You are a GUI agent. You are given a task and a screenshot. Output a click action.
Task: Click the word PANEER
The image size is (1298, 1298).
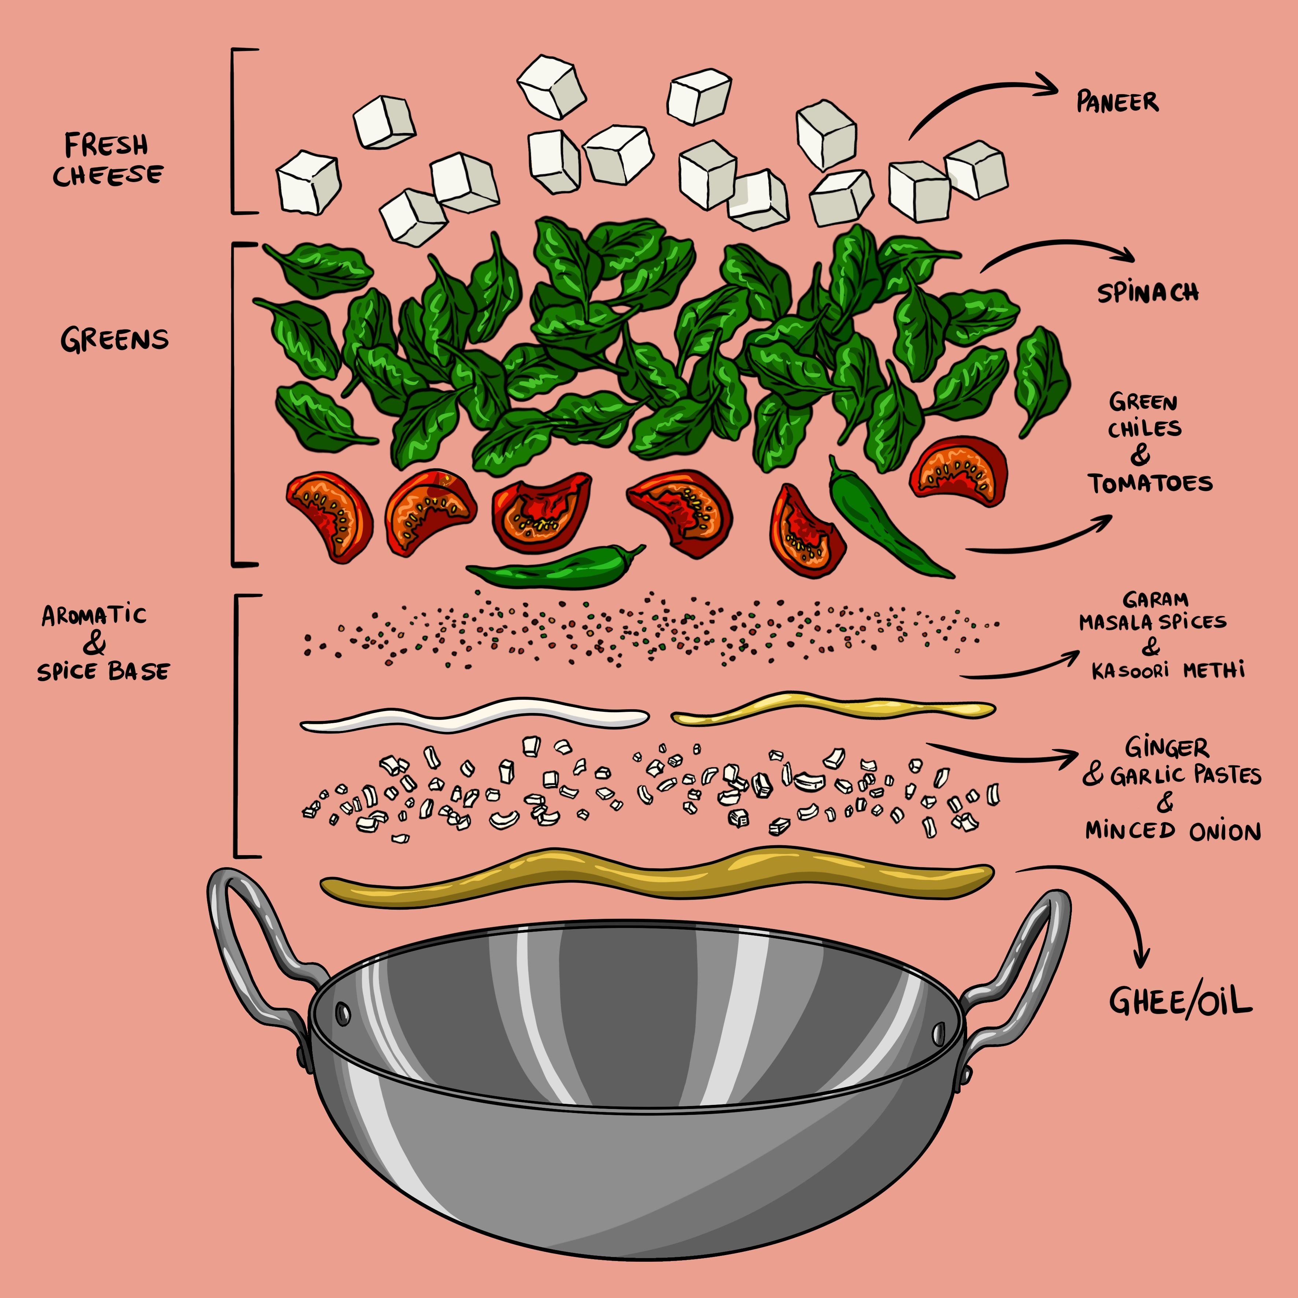click(x=1117, y=102)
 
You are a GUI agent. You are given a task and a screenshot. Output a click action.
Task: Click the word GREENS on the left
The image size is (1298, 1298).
click(x=114, y=340)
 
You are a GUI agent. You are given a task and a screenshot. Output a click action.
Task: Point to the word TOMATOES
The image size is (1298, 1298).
click(x=1151, y=484)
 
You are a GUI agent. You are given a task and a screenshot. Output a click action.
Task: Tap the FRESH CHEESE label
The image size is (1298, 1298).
click(x=107, y=160)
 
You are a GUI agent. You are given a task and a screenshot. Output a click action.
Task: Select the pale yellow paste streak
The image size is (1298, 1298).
click(x=833, y=709)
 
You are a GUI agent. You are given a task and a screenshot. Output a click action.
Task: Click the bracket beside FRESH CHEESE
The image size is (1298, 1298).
click(x=235, y=131)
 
